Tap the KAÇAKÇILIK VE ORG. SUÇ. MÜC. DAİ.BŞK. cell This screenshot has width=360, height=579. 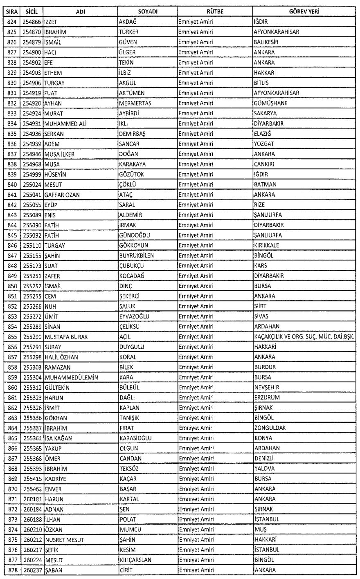tap(304, 337)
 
